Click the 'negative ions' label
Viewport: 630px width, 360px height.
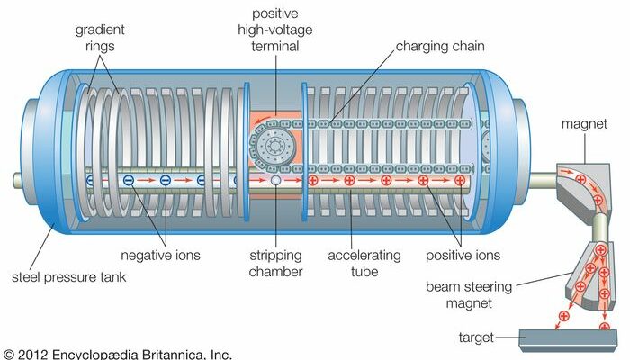pos(163,256)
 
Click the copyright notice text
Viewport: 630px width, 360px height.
pos(117,353)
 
